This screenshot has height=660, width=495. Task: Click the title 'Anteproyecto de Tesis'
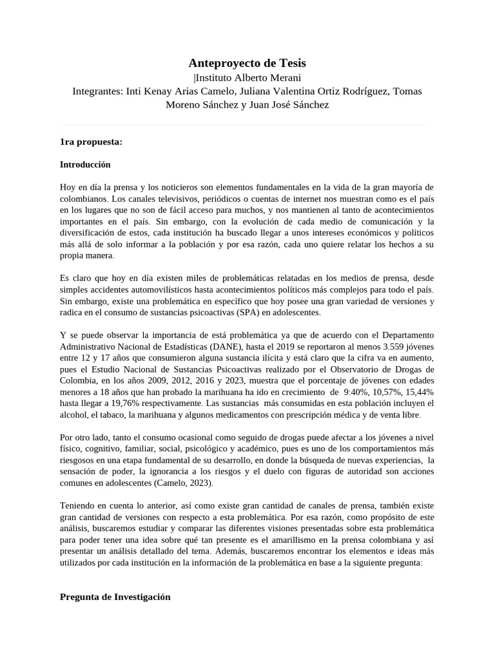(x=247, y=63)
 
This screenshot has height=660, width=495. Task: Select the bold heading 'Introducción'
(x=85, y=164)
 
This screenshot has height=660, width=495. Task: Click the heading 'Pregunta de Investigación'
(x=115, y=597)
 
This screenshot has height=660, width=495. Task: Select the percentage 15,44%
(x=417, y=391)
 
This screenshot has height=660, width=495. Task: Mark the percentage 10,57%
(x=380, y=391)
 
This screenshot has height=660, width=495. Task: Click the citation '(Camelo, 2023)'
(x=180, y=483)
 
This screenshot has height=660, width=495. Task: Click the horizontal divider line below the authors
(x=244, y=124)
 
